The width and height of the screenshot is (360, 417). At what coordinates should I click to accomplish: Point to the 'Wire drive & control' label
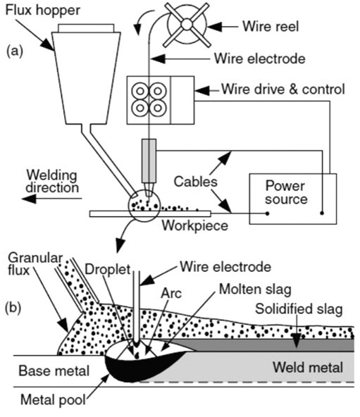pos(282,89)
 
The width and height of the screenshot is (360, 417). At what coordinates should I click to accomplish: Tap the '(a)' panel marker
pos(15,51)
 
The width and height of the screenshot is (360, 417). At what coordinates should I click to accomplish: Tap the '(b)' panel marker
pos(15,308)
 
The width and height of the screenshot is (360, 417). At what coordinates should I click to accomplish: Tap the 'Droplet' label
pos(103,268)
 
